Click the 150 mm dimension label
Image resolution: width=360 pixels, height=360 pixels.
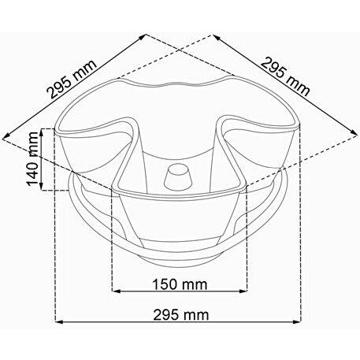(180, 284)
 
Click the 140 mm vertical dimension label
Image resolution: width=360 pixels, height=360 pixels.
(33, 158)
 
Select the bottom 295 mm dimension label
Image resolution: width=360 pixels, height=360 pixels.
(181, 315)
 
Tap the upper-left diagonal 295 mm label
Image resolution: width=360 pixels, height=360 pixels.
(72, 79)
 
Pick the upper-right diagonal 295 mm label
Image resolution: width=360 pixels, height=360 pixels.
(285, 76)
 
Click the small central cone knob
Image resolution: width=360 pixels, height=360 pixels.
(178, 179)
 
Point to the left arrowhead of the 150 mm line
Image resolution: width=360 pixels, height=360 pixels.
(116, 291)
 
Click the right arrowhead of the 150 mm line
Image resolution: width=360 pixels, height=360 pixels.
(243, 291)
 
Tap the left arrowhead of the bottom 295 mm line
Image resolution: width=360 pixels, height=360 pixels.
(59, 321)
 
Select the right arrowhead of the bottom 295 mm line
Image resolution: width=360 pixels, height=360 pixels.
(297, 321)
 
